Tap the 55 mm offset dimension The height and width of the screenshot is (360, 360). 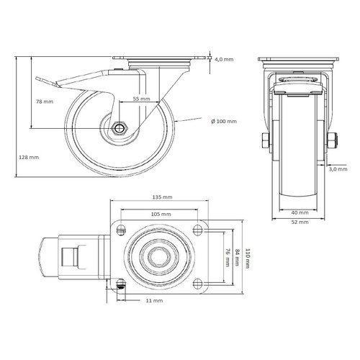pyautogui.click(x=141, y=98)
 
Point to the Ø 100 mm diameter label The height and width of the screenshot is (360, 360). pyautogui.click(x=221, y=120)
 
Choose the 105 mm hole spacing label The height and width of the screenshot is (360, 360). pyautogui.click(x=161, y=215)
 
